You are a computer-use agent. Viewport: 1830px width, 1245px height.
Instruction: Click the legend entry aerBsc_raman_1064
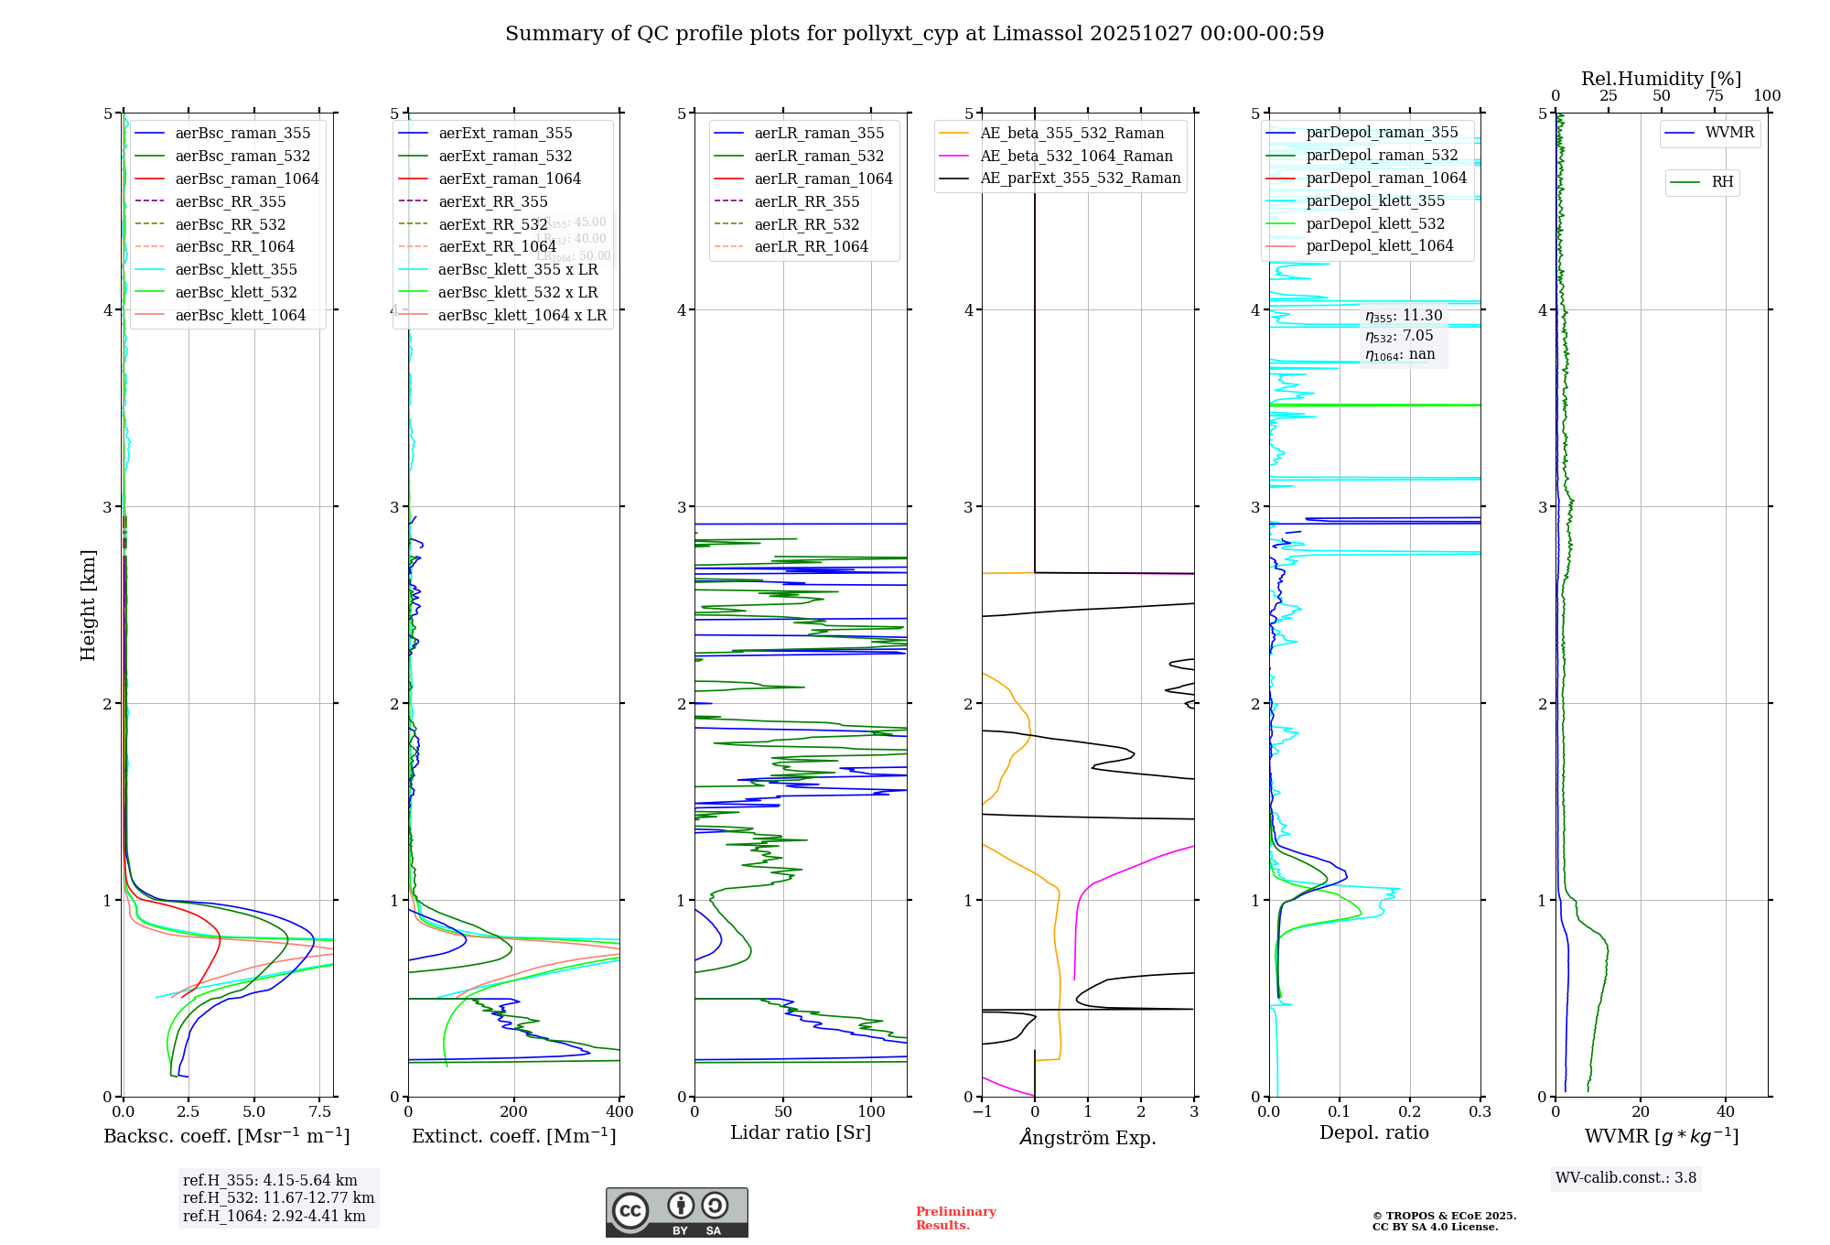(247, 179)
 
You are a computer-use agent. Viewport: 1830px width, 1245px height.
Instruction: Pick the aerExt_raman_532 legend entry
(505, 156)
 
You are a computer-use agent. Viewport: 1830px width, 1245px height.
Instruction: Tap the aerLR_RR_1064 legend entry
(811, 246)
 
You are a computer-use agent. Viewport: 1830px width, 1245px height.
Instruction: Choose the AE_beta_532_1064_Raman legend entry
(1076, 156)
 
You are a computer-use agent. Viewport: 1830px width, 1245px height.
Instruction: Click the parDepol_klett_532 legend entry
(1375, 223)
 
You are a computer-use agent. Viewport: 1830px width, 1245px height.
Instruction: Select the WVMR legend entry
(1729, 133)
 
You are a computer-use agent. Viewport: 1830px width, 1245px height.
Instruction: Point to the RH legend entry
(1722, 182)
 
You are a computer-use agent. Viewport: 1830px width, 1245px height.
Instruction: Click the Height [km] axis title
(88, 605)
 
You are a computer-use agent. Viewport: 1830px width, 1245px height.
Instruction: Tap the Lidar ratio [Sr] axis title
(801, 1132)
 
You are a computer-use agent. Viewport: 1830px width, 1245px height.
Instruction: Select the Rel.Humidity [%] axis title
(1661, 79)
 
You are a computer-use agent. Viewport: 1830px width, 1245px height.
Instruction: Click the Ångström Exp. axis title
(1088, 1137)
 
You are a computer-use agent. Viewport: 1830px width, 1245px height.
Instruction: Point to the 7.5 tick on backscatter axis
(320, 1112)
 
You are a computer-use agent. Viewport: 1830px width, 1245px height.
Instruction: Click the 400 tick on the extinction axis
(619, 1112)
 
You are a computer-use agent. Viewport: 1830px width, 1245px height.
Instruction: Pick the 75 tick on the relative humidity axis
(1714, 96)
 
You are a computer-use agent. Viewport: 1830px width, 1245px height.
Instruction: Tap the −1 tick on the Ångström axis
(982, 1112)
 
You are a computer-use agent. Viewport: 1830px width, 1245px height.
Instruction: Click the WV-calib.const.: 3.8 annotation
(1626, 1178)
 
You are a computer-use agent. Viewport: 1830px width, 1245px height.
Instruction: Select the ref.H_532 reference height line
(278, 1197)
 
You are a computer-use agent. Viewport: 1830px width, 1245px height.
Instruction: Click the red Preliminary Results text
(955, 1218)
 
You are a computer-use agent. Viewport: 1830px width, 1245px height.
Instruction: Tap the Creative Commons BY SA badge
(676, 1212)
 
